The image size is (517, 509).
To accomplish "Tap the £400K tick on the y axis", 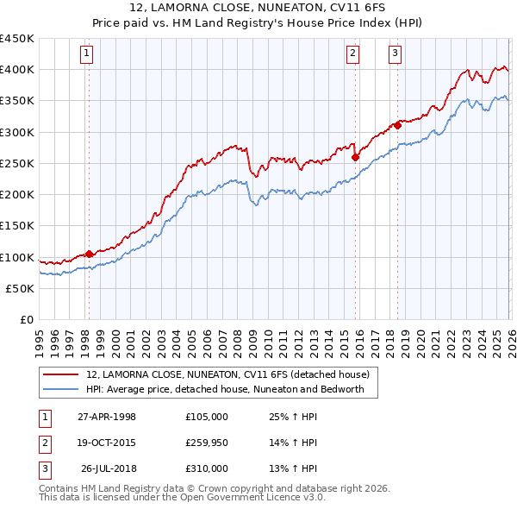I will point(17,70).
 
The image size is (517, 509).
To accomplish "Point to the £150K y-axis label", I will point(17,226).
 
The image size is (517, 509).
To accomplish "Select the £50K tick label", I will point(21,289).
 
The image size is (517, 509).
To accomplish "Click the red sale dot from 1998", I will point(90,255).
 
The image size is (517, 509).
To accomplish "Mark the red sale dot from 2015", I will point(355,157).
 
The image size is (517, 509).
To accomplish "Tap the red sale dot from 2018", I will point(397,126).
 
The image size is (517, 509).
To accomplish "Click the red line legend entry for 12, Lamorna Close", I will point(227,374).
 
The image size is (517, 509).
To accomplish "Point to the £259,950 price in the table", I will point(207,443).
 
